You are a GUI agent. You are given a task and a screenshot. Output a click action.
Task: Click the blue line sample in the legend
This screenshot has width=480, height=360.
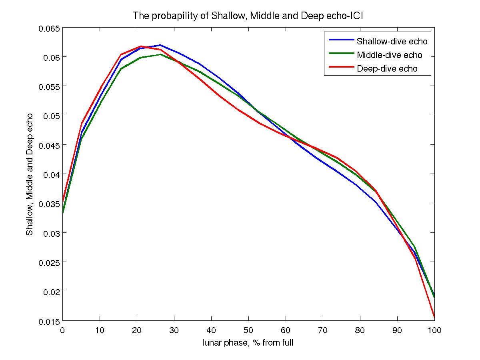341,40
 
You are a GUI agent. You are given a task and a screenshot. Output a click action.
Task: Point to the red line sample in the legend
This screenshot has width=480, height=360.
341,67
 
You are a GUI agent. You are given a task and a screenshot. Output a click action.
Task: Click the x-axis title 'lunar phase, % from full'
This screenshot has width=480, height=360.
248,343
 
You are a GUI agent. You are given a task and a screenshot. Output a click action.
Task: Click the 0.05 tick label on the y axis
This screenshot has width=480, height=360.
50,116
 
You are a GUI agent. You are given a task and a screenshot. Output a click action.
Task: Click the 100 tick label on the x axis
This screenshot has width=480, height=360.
434,330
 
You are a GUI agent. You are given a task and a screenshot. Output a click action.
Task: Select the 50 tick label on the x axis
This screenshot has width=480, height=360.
248,330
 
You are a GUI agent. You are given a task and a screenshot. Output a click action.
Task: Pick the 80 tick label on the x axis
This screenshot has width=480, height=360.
360,330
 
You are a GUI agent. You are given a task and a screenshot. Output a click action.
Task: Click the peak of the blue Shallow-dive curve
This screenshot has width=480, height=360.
160,45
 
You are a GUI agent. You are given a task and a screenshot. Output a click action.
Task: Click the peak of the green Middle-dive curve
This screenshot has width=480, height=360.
160,54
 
